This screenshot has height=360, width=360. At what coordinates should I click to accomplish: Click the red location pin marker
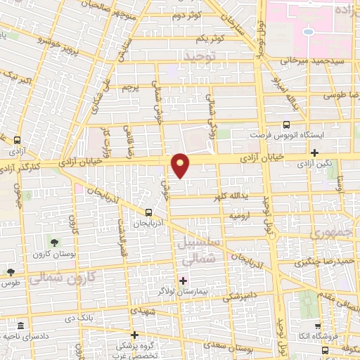(181, 165)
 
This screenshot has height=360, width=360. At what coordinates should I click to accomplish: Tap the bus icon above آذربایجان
(148, 212)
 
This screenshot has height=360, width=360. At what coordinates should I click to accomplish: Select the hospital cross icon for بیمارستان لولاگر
(183, 281)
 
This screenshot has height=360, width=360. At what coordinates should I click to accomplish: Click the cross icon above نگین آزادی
(314, 153)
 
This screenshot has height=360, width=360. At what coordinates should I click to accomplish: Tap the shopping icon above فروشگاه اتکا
(318, 326)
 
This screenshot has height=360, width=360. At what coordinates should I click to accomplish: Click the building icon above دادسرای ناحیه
(20, 327)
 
